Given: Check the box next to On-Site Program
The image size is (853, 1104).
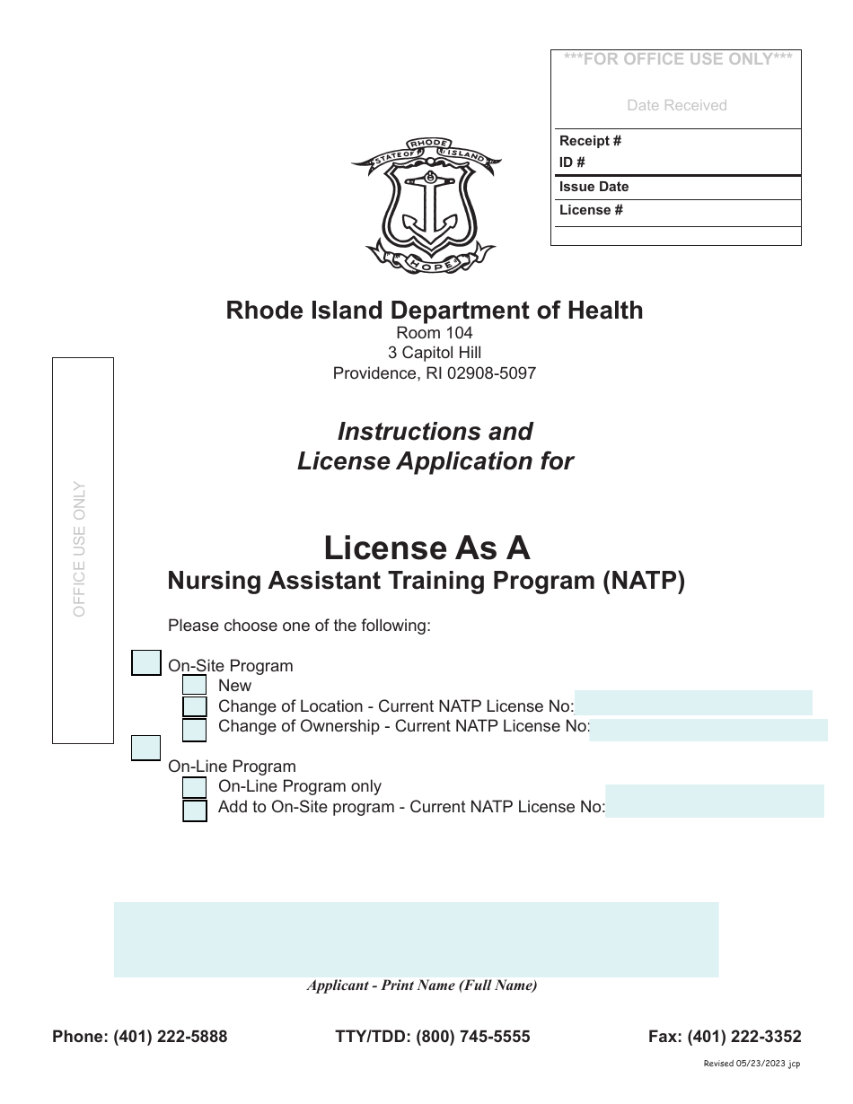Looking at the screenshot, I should (x=146, y=662).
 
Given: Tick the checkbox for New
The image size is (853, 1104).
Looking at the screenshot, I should (x=194, y=686).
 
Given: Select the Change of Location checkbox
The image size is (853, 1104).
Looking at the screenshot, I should (x=194, y=706).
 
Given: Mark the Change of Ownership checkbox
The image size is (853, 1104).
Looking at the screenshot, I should (x=194, y=730).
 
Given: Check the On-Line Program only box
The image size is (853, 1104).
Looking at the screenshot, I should (x=194, y=787).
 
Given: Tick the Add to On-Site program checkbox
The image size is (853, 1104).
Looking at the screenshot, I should (x=194, y=810).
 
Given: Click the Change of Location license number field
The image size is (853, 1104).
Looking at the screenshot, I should (x=692, y=703).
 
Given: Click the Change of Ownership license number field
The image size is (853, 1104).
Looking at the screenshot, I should (x=708, y=730).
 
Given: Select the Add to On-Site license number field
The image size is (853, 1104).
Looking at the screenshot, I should (x=714, y=801).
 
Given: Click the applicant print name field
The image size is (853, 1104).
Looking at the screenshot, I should (x=416, y=939).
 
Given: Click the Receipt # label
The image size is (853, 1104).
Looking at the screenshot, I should (x=590, y=141).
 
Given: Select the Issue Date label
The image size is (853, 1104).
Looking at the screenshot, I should (x=594, y=187).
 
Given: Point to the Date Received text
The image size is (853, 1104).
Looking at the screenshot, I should (x=676, y=105).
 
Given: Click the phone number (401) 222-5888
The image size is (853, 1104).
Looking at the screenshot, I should (x=170, y=1037).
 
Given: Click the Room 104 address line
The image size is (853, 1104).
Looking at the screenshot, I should (x=435, y=333).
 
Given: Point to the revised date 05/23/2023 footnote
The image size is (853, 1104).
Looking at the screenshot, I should (x=752, y=1064).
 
